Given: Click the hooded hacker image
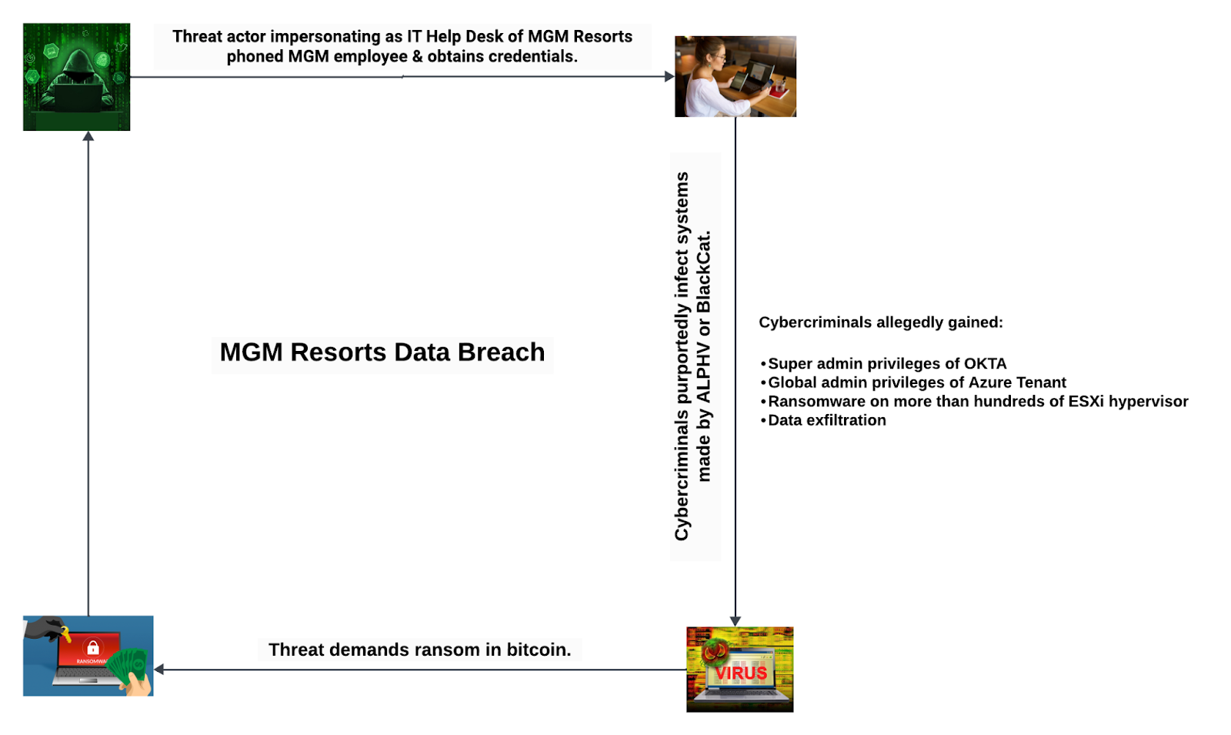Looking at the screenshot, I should point(76,77).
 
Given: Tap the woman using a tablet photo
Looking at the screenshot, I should point(736,76).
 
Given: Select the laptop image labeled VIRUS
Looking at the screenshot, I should point(739,669).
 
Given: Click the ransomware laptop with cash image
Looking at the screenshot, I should point(88,656).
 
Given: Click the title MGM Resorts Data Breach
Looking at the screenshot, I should point(382,352).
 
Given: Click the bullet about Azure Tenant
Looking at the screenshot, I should point(917,383).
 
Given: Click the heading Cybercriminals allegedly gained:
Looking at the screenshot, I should point(881,322).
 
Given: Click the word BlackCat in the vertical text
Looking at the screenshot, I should point(704,270).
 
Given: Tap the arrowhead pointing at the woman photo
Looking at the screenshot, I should point(669,76).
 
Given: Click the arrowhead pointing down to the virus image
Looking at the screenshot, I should point(736,621).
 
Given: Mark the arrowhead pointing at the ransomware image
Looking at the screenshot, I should point(159,670).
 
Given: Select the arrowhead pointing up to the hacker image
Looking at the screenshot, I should point(88,136).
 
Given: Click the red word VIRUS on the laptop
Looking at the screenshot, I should point(741,673).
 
